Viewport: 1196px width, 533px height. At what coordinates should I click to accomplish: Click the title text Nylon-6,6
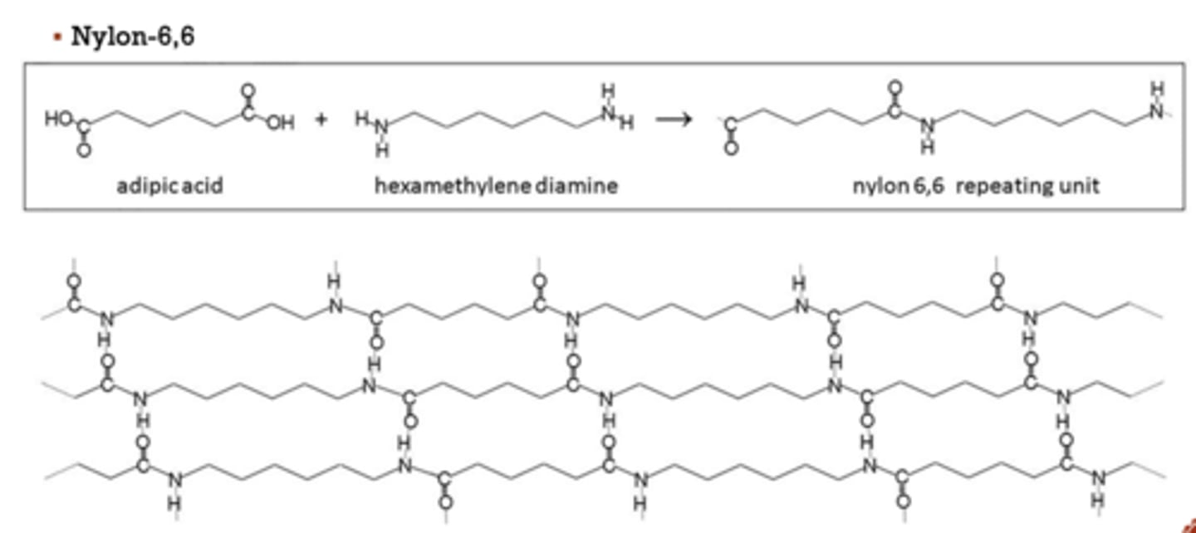click(x=133, y=37)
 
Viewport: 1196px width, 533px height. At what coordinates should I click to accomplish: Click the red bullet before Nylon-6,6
click(x=57, y=37)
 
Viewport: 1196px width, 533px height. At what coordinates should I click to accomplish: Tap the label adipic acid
click(x=170, y=185)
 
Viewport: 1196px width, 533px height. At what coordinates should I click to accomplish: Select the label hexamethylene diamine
click(x=496, y=185)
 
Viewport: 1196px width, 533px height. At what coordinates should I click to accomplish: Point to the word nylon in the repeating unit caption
click(x=880, y=185)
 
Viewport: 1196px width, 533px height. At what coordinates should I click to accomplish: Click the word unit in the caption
click(x=1080, y=185)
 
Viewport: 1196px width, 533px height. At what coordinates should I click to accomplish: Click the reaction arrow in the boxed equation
click(x=674, y=120)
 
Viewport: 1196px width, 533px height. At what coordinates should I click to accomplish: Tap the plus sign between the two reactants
click(x=321, y=120)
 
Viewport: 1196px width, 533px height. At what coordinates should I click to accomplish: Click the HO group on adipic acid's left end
click(x=58, y=118)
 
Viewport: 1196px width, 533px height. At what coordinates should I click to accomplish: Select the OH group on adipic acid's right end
click(x=281, y=124)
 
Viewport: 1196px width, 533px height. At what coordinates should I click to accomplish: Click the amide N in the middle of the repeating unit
click(x=928, y=126)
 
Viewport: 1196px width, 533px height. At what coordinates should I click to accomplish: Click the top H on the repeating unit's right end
click(x=1158, y=89)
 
